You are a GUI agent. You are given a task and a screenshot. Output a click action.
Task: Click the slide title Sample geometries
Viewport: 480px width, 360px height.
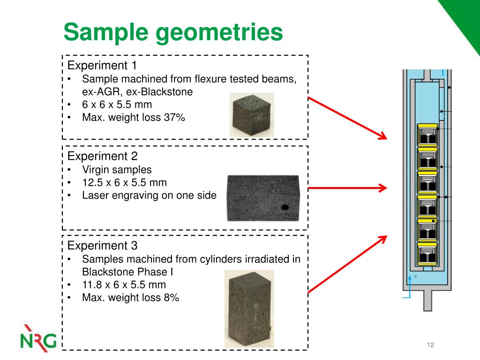point(173,33)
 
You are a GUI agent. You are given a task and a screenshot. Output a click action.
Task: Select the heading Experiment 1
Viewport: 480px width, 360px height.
point(102,65)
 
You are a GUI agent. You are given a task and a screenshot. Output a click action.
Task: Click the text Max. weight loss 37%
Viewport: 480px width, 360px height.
point(134,118)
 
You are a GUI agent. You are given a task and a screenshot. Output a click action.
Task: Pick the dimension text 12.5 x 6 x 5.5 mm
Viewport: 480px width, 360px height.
point(124,182)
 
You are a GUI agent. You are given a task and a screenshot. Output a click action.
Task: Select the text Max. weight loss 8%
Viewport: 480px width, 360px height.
point(130,297)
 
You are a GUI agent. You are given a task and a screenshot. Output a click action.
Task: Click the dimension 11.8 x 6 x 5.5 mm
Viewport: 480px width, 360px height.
point(124,285)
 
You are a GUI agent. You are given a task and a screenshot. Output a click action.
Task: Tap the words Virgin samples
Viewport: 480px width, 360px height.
point(117,170)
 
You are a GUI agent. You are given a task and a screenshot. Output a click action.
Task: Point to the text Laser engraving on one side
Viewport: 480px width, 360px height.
point(149,195)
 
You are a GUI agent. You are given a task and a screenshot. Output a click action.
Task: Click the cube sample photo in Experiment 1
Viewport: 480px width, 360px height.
point(251,115)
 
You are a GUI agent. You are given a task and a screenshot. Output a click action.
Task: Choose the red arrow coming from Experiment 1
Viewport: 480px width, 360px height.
point(348,119)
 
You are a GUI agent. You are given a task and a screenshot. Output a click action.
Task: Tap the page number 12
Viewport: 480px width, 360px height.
point(431,345)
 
